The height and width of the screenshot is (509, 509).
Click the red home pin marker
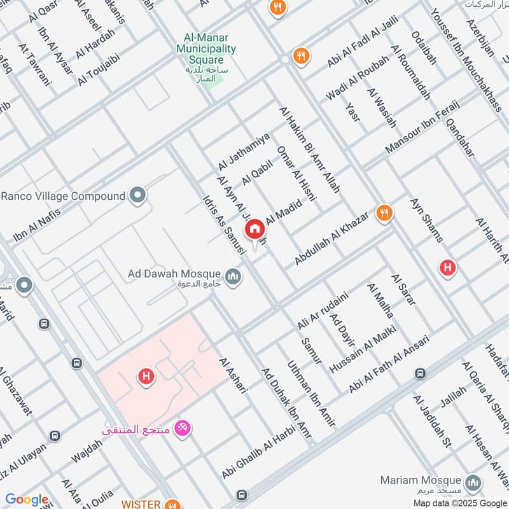[x=255, y=229]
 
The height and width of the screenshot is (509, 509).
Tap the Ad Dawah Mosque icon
[x=234, y=277]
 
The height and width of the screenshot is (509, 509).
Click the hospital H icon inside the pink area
[x=146, y=378]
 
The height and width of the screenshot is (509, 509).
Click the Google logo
[x=27, y=499]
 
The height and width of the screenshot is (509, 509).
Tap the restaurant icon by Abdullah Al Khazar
[x=383, y=213]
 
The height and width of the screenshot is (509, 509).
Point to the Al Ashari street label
[x=232, y=375]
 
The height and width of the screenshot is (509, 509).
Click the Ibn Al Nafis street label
[x=36, y=225]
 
